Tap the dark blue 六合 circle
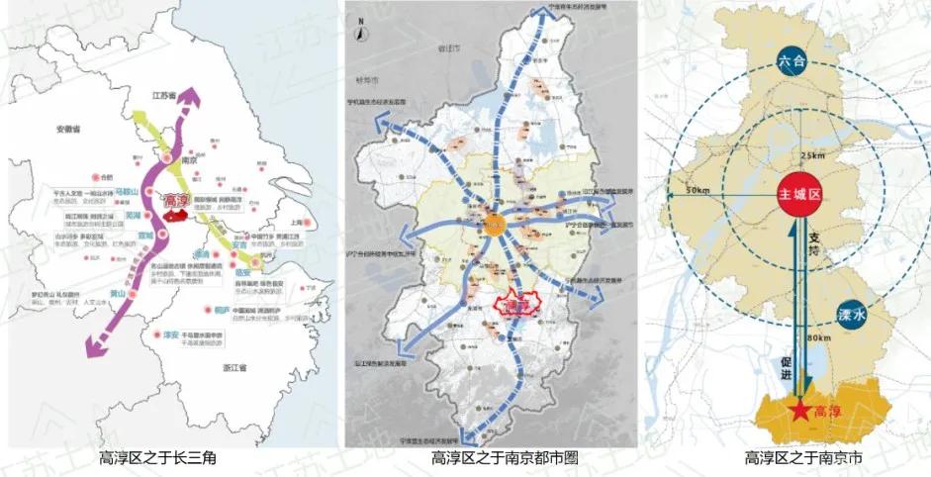click(800, 66)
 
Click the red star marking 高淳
click(798, 410)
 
